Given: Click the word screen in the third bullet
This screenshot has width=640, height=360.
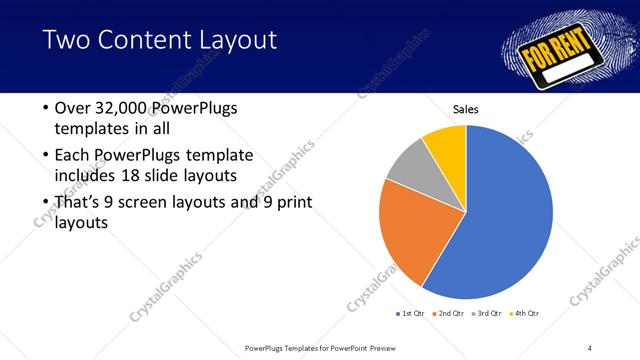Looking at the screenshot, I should pos(150,203).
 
